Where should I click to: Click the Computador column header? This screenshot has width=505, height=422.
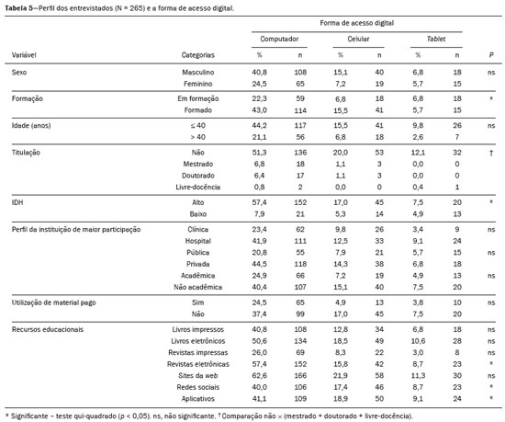click(x=279, y=39)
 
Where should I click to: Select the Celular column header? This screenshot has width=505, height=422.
click(x=358, y=39)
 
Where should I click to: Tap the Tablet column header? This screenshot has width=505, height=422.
click(x=436, y=39)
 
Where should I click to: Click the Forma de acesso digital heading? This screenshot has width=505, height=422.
click(x=357, y=23)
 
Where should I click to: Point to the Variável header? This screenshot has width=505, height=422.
click(x=24, y=55)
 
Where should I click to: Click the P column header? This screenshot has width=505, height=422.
click(x=491, y=55)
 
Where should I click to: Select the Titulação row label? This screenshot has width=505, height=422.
click(x=26, y=153)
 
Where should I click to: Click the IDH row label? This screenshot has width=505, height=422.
click(x=17, y=202)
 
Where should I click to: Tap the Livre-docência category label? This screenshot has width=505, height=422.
click(x=198, y=187)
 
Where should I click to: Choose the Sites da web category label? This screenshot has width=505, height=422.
click(x=198, y=376)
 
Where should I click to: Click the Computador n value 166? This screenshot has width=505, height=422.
click(x=300, y=376)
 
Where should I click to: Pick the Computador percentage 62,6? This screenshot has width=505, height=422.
click(x=260, y=376)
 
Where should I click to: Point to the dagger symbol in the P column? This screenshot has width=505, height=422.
click(x=491, y=153)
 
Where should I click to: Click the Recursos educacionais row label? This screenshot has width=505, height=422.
click(x=48, y=329)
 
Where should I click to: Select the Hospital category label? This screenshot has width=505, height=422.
click(x=198, y=241)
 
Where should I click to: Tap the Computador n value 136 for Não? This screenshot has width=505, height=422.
click(x=300, y=153)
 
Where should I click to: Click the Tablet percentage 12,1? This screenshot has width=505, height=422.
click(x=418, y=153)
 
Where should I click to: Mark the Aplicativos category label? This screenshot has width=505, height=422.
click(x=198, y=399)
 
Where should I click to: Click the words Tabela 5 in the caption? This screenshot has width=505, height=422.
click(x=18, y=8)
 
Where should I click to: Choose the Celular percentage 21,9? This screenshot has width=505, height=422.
click(x=341, y=376)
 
